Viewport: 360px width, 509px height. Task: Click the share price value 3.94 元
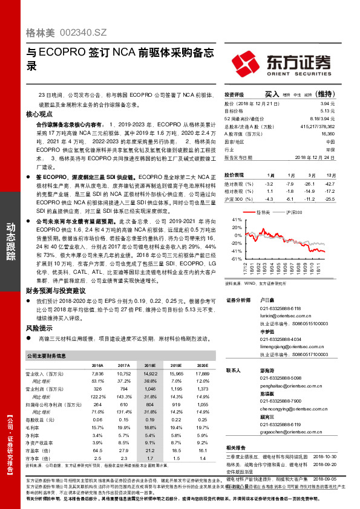[x=327, y=104]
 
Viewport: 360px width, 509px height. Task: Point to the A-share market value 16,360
[x=327, y=134]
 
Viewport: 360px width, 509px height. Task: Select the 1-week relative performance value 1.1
[x=270, y=190]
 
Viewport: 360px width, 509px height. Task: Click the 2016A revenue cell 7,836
[x=97, y=374]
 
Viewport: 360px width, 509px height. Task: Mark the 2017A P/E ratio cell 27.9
[x=123, y=450]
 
